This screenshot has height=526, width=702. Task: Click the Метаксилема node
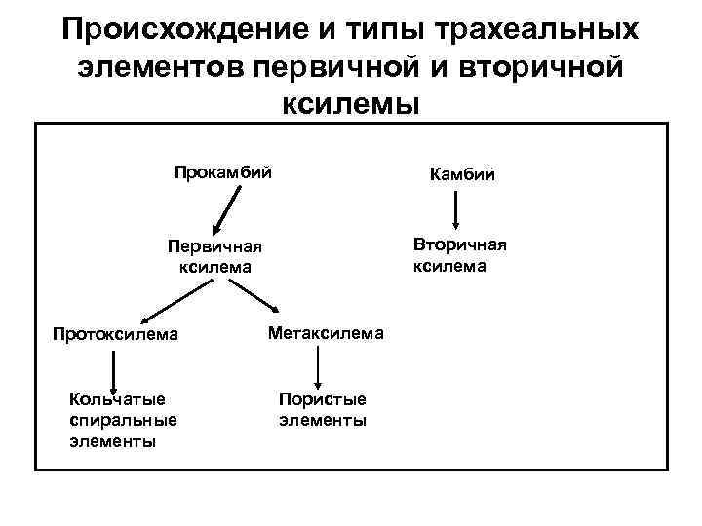pyautogui.click(x=326, y=333)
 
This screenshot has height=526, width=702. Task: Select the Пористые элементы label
pyautogui.click(x=323, y=409)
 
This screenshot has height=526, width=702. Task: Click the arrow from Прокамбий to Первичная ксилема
pyautogui.click(x=229, y=207)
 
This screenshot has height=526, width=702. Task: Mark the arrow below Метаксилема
pyautogui.click(x=317, y=369)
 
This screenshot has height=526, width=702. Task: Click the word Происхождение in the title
pyautogui.click(x=181, y=29)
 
